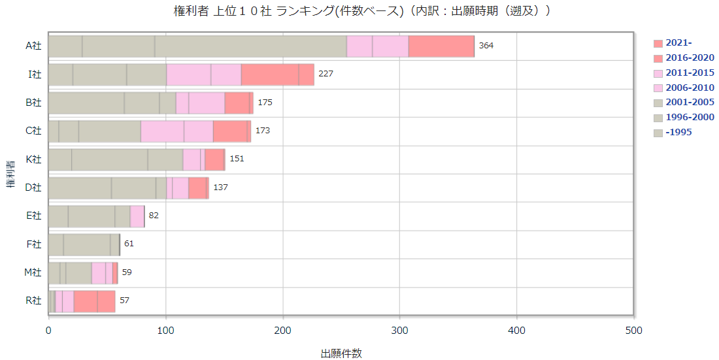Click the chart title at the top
point(359,10)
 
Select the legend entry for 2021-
point(680,43)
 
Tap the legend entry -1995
point(679,133)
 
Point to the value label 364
point(486,46)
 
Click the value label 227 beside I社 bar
point(326,74)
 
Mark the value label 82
point(154,216)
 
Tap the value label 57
point(124,301)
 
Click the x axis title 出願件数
point(341,353)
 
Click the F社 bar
point(84,244)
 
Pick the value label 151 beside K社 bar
point(237,159)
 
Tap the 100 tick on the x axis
point(166,331)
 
